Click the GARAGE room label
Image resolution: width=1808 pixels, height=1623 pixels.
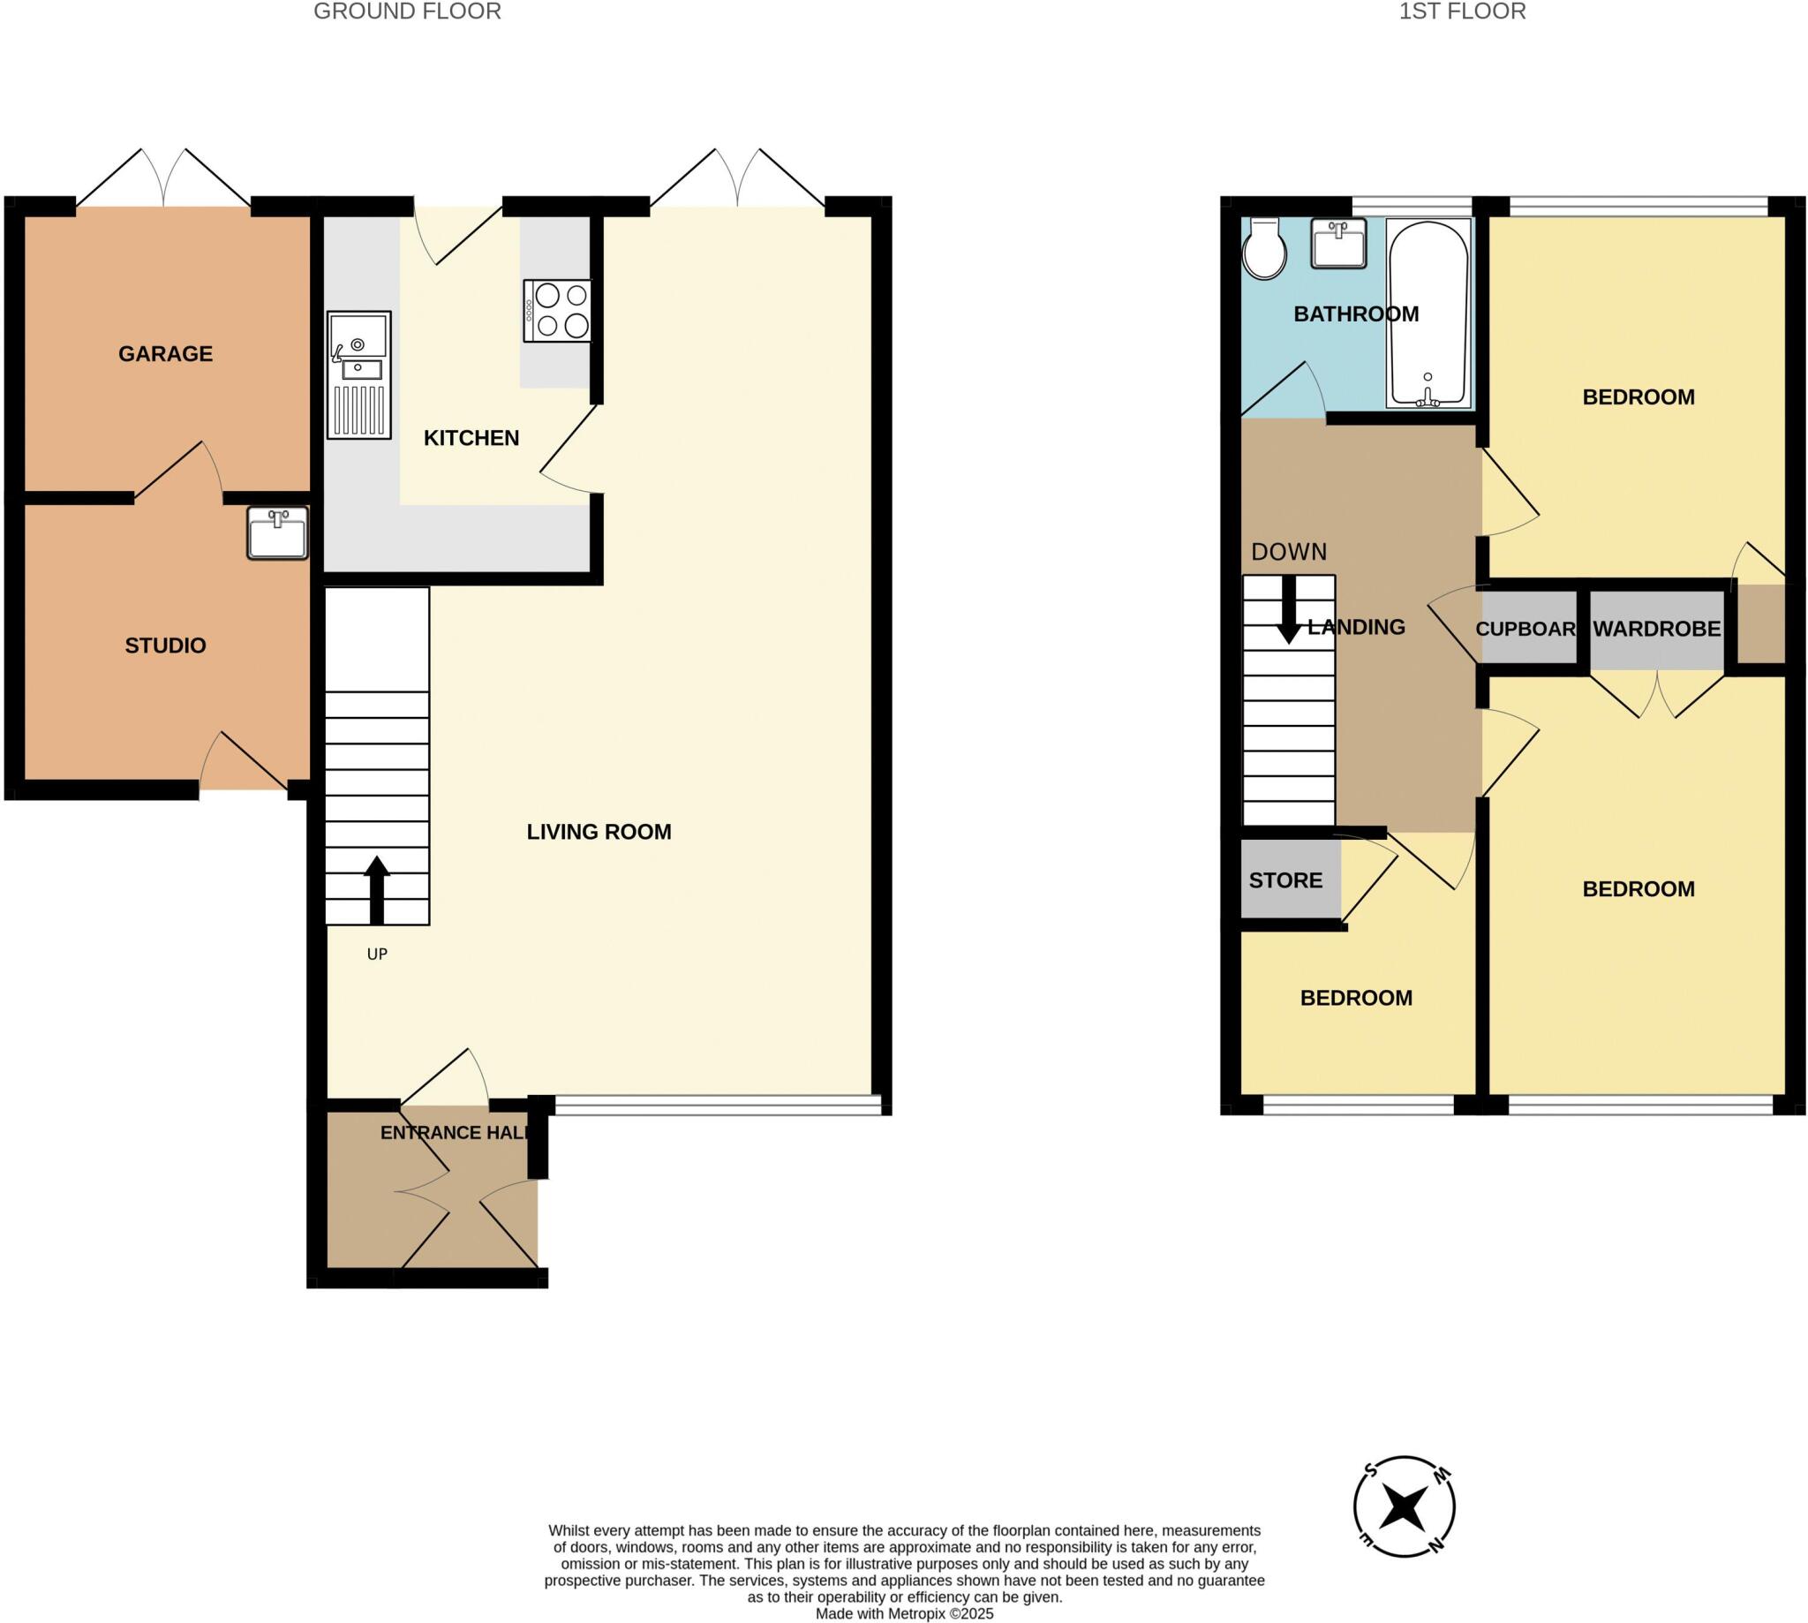(x=165, y=354)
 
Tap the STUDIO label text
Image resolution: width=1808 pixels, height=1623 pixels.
(x=165, y=645)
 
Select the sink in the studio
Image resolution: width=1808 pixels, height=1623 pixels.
(x=277, y=533)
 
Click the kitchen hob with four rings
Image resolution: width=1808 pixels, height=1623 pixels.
(x=558, y=310)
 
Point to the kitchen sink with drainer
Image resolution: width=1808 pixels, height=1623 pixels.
(x=358, y=374)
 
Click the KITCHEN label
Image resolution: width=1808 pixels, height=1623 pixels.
(x=471, y=438)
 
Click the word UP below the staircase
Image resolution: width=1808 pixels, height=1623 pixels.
(x=377, y=955)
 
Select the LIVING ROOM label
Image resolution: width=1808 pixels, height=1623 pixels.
(x=599, y=832)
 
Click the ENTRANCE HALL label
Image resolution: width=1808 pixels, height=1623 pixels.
(x=455, y=1133)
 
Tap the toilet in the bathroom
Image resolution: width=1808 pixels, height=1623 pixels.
(x=1264, y=249)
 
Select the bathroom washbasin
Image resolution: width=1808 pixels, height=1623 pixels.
(x=1338, y=244)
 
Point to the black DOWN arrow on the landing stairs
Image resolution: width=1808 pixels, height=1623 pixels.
(x=1288, y=610)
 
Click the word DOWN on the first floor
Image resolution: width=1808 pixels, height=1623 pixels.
(x=1288, y=552)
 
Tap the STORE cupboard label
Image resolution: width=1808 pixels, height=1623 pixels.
(x=1284, y=880)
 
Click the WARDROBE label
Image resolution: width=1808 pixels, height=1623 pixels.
(x=1656, y=629)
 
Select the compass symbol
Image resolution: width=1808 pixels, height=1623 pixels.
(x=1404, y=1507)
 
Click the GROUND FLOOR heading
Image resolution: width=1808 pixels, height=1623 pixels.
(x=408, y=11)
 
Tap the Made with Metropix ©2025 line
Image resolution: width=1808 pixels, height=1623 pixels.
(x=904, y=1613)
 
